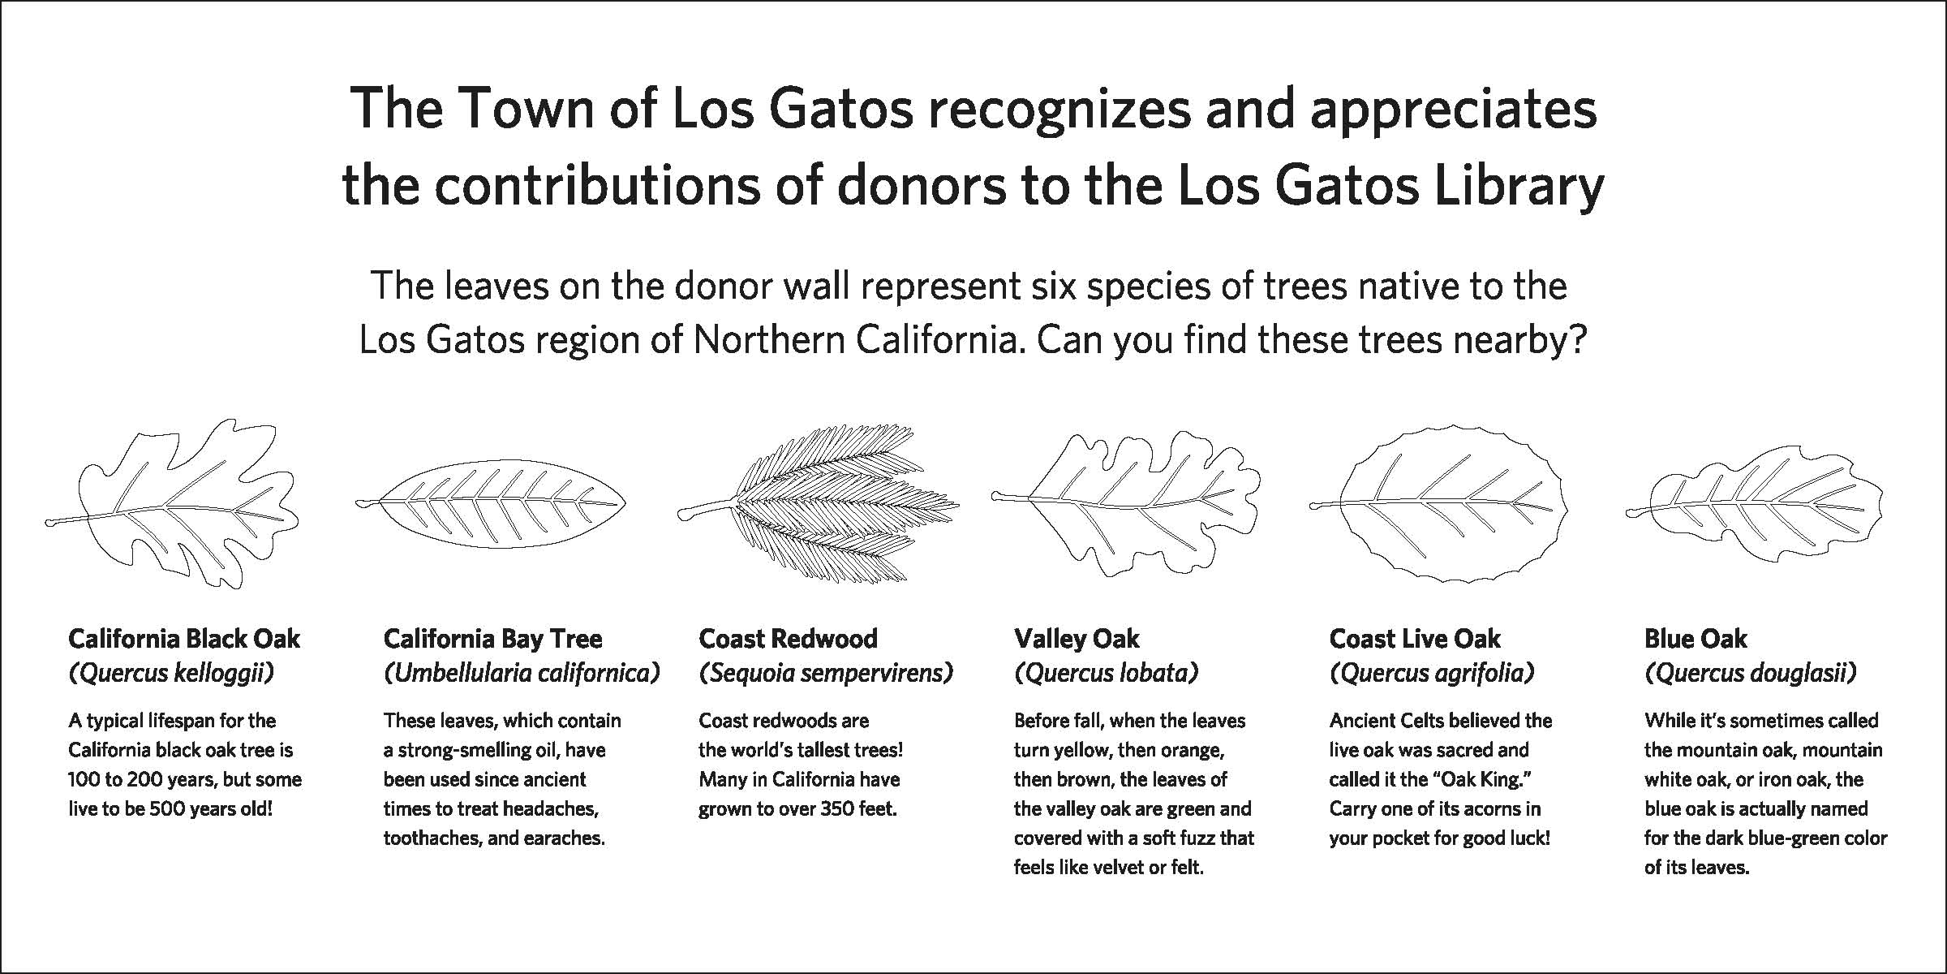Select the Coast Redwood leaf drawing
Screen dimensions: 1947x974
coord(818,502)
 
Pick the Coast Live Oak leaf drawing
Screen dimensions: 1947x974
coord(1438,505)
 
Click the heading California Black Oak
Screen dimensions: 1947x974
coord(184,639)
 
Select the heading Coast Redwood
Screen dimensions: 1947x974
coord(788,639)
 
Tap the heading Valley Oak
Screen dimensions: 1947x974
coord(1077,639)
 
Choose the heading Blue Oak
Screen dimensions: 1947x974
coord(1696,639)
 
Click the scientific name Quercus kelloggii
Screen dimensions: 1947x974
coord(171,674)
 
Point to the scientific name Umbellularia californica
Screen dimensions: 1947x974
coord(522,674)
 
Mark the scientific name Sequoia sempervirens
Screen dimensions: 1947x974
coord(826,674)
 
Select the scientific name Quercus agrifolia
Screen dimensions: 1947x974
coord(1432,674)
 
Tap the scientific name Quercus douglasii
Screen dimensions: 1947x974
coord(1751,674)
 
